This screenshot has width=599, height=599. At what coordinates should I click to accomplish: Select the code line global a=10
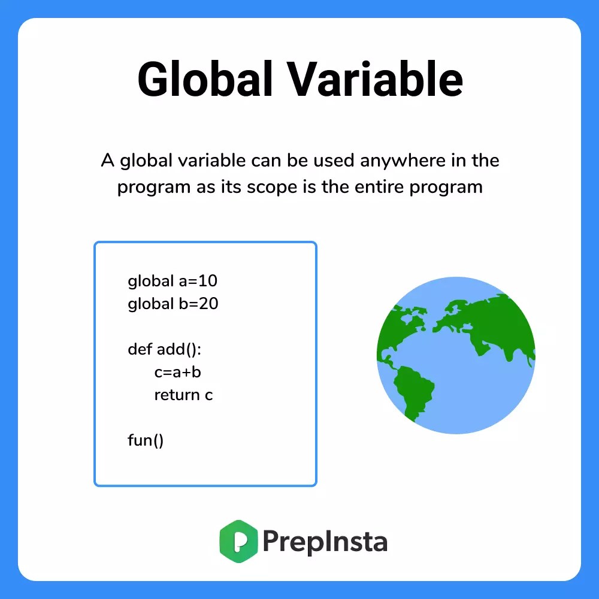[168, 280]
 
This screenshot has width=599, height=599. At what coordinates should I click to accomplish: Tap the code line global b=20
[173, 304]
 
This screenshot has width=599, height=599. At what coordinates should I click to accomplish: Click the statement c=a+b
[177, 372]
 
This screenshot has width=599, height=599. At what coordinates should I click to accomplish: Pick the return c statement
[183, 395]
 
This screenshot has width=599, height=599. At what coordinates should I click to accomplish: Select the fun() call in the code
[146, 440]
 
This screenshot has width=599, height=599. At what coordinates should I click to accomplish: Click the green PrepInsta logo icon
[238, 541]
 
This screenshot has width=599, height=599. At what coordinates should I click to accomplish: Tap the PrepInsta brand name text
[325, 542]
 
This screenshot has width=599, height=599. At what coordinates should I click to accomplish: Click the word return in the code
[177, 395]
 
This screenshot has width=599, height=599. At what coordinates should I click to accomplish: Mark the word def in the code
[140, 349]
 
